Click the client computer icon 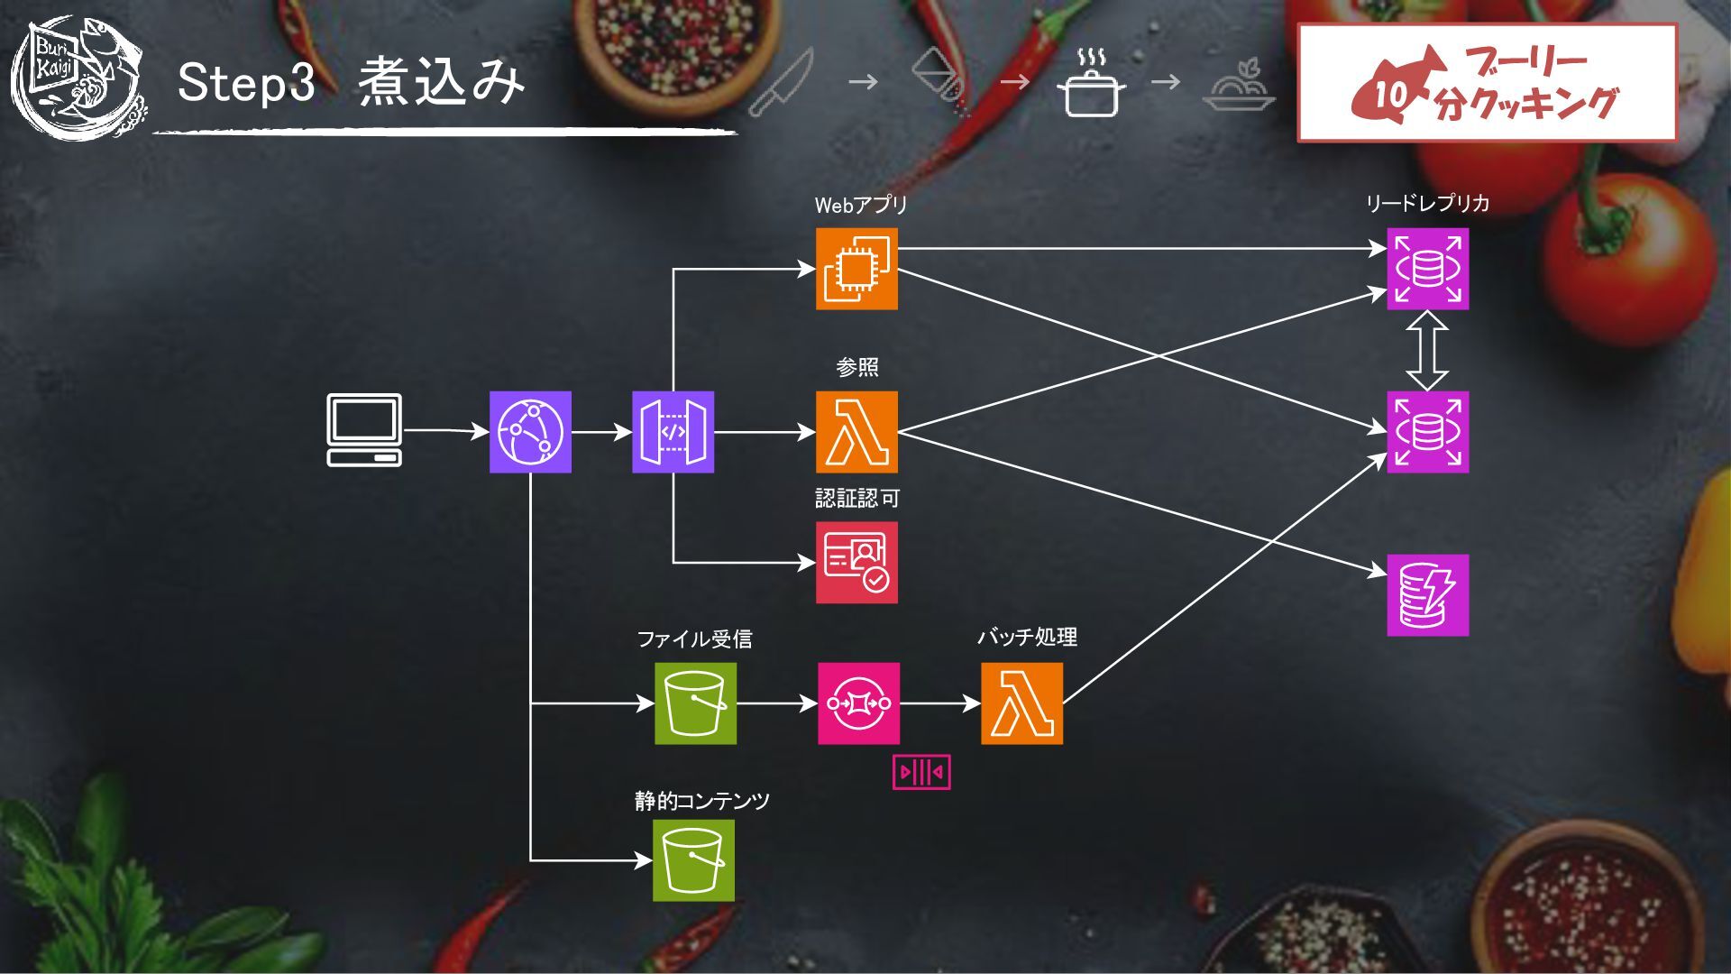pos(364,430)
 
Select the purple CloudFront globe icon pos(530,432)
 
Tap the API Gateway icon pos(673,432)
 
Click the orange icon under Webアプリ pos(856,269)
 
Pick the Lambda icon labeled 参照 pos(856,432)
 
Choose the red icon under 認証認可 pos(856,562)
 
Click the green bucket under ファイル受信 pos(695,703)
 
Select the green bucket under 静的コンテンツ pos(693,860)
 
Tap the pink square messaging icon pos(858,703)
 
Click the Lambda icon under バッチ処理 pos(1021,703)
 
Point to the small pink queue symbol pos(921,772)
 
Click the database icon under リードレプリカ pos(1427,269)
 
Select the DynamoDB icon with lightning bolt pos(1427,595)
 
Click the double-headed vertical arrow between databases pos(1427,350)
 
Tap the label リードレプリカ pos(1427,203)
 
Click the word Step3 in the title pos(246,82)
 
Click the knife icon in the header pos(781,83)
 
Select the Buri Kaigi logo pos(79,79)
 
